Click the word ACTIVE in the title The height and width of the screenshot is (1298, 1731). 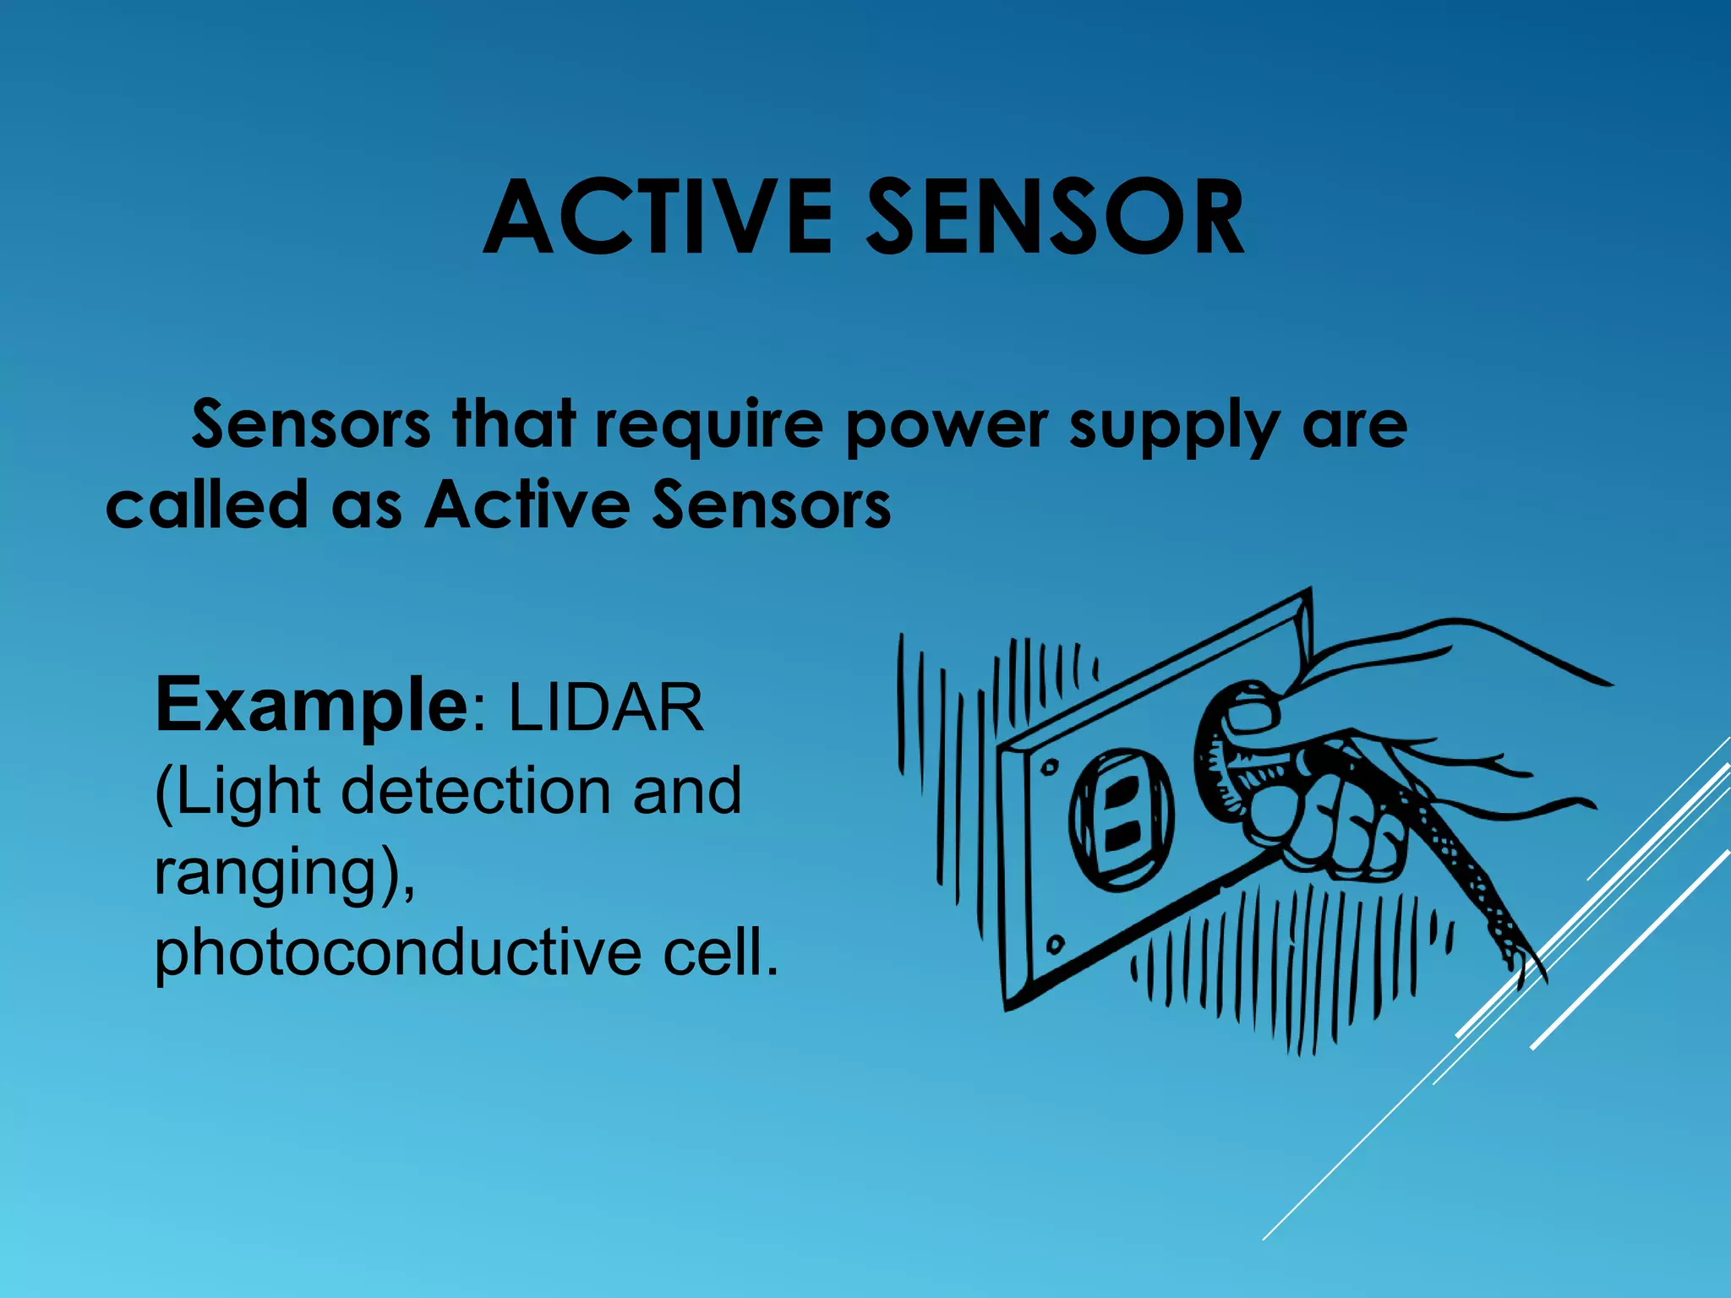[659, 218]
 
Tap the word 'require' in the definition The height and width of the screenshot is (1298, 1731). [708, 424]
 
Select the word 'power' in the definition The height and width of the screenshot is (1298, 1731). [947, 426]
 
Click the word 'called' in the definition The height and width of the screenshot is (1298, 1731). [206, 504]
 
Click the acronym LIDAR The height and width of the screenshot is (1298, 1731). [605, 708]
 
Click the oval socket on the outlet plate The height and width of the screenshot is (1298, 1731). [1122, 817]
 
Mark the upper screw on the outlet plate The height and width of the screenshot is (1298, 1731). [1049, 767]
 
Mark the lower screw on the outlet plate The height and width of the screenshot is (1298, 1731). [1056, 943]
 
